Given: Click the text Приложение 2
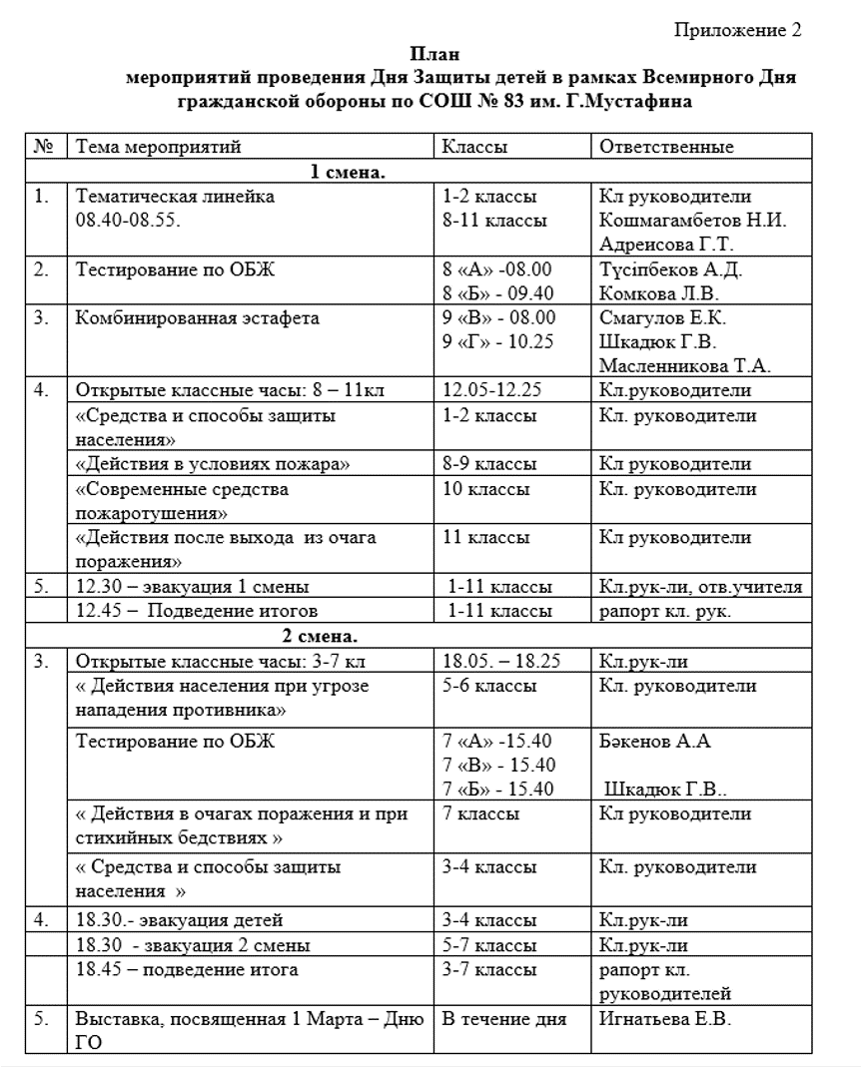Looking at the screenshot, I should click(x=738, y=30).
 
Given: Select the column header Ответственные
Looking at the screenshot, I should click(x=667, y=147).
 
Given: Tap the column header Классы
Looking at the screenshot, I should click(x=475, y=147).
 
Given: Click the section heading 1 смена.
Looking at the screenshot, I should click(x=349, y=172).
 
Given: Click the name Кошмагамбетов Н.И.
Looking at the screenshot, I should click(x=692, y=221).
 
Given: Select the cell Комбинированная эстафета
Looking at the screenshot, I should click(x=198, y=318).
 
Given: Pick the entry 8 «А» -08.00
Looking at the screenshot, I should click(x=496, y=269).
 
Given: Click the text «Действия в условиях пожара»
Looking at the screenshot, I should click(x=214, y=464).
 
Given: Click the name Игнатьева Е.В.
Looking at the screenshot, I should click(x=665, y=1020).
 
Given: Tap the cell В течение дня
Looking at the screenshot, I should click(x=504, y=1020).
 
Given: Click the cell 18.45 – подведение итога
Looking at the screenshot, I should click(x=187, y=969).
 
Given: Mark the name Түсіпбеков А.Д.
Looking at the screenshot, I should click(x=670, y=269).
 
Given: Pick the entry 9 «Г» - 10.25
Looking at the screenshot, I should click(x=498, y=342).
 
